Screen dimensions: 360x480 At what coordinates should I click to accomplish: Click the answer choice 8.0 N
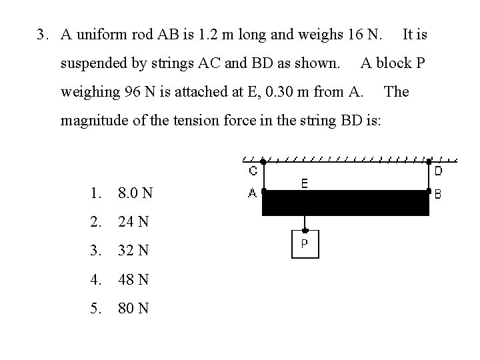tap(135, 193)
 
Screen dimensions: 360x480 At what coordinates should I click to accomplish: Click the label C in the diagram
tap(253, 171)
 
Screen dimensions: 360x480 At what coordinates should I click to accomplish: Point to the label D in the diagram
tap(438, 171)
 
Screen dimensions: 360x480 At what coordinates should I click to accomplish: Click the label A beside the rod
tap(253, 193)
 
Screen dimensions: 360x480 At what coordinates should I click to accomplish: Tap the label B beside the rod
tap(438, 194)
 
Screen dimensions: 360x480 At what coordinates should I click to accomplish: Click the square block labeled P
tap(305, 243)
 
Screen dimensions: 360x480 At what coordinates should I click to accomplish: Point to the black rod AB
tap(345, 203)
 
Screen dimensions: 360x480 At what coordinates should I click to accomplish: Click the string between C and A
tap(263, 177)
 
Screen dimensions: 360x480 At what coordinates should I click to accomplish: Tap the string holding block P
tap(305, 223)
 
